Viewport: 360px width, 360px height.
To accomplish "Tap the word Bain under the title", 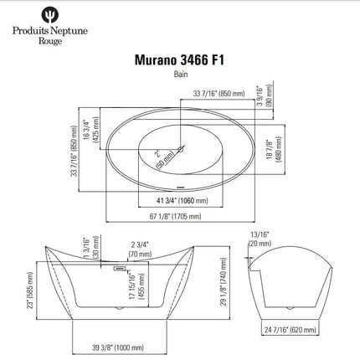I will tap(180, 75).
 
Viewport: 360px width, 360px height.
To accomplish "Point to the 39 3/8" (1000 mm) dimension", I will tap(116, 346).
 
